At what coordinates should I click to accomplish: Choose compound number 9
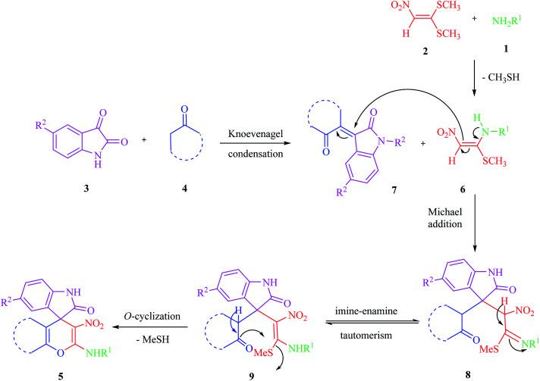(x=286, y=373)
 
